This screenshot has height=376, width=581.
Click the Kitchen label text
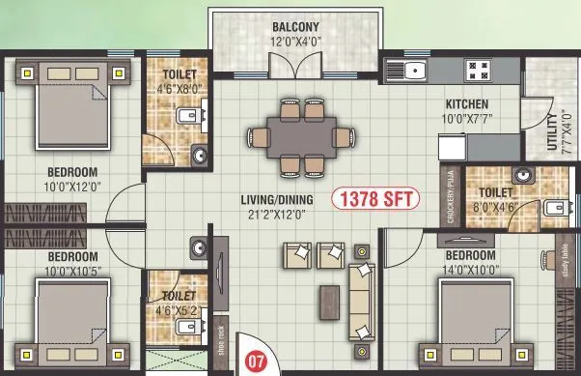(x=466, y=103)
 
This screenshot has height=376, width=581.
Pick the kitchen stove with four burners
(x=478, y=70)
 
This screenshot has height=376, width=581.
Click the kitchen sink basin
(x=414, y=70)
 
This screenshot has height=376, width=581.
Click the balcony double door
(x=294, y=69)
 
